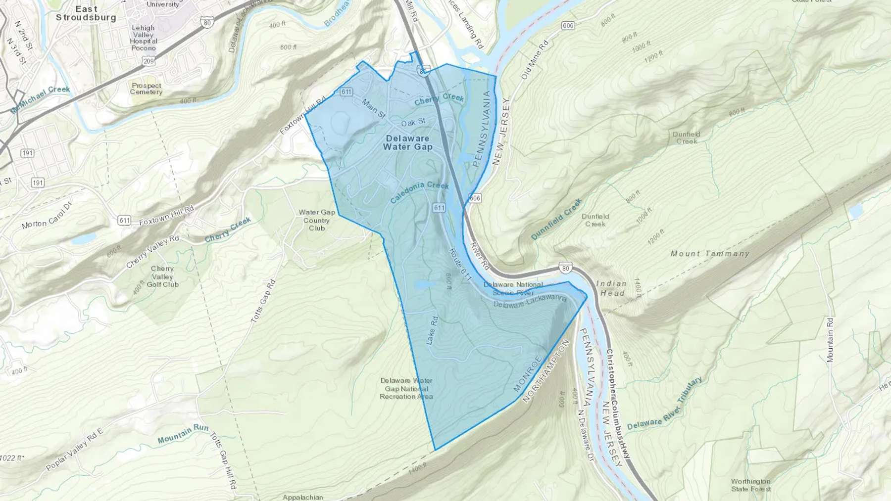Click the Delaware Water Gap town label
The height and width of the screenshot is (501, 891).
point(407,142)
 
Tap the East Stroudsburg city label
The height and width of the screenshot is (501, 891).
point(86,13)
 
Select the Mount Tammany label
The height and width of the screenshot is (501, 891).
point(710,254)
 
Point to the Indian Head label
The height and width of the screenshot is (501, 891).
point(611,288)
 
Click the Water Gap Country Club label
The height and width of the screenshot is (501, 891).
point(317,220)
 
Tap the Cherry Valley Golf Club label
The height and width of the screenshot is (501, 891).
point(162,276)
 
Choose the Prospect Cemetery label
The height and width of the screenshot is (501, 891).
point(146,89)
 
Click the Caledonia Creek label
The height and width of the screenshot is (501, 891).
point(419,192)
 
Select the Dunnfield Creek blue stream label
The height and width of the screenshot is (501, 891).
point(556,220)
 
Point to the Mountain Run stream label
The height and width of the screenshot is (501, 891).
point(183,434)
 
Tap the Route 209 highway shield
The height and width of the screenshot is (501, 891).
point(148,61)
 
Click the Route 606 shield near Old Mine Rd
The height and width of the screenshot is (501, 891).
point(568,26)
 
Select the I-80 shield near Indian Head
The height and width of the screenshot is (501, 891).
point(566,268)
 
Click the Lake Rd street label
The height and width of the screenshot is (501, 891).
point(432,330)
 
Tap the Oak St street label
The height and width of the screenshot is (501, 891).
point(413,122)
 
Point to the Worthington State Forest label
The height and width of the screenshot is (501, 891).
point(751,485)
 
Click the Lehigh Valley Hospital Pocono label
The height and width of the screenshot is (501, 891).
point(144,38)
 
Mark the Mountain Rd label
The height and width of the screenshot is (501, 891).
point(830,340)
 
